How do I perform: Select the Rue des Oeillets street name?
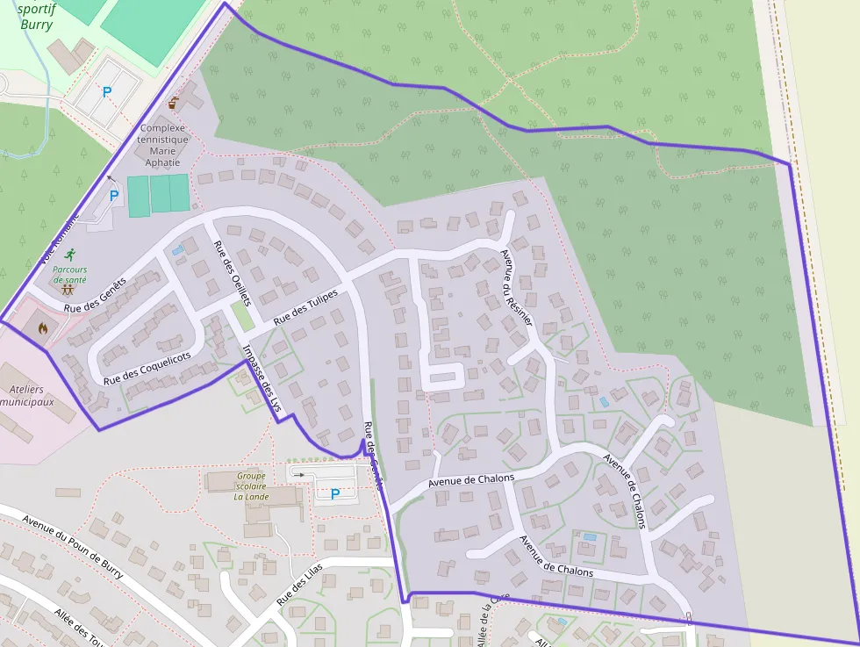(233, 272)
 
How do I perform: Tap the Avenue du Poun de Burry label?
(75, 546)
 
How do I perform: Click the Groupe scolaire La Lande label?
(250, 486)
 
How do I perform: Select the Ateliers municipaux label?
(26, 396)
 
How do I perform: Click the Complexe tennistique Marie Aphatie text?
(163, 145)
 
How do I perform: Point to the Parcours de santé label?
(69, 275)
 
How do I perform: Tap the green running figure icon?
(70, 255)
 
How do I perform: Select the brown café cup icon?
(174, 103)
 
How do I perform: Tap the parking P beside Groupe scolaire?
(334, 494)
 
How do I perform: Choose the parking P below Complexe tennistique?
(113, 197)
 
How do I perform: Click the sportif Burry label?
(36, 17)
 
